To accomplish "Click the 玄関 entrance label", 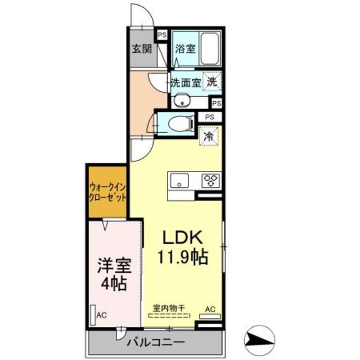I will [142, 48].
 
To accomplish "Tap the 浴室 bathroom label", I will [184, 48].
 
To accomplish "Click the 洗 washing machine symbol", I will [211, 81].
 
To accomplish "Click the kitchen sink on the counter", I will [181, 181].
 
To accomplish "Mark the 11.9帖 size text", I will [182, 258].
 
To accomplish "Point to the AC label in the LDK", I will [209, 308].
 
